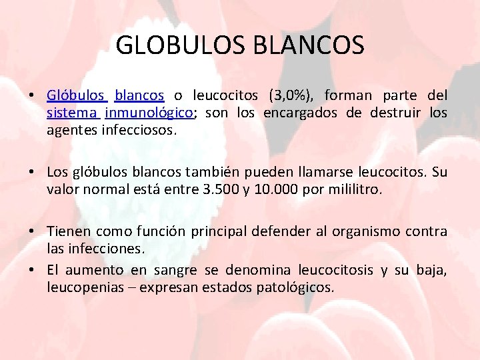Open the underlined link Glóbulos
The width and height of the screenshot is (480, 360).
click(x=77, y=95)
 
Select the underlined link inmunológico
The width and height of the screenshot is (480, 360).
click(x=149, y=113)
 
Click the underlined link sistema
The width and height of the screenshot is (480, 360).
click(x=73, y=113)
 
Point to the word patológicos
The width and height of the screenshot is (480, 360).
click(x=301, y=287)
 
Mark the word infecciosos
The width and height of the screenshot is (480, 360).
click(x=139, y=130)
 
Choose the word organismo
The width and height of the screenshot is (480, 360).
click(x=359, y=231)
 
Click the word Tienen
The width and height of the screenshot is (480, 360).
click(x=67, y=231)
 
